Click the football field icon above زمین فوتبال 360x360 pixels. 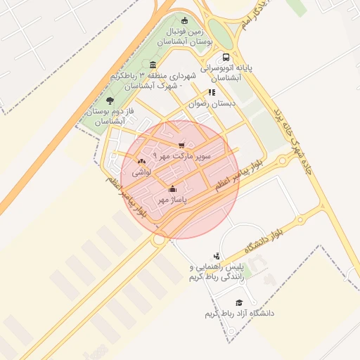click(x=184, y=21)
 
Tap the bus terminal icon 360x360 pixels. click(x=225, y=58)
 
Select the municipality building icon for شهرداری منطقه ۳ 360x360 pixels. click(x=153, y=65)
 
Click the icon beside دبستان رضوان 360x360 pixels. click(x=212, y=92)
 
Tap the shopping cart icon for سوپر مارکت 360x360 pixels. click(x=181, y=146)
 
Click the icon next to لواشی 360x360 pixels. click(x=141, y=162)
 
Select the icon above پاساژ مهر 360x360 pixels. click(x=173, y=188)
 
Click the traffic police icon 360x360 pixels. click(x=217, y=257)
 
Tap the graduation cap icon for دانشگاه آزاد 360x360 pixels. click(x=239, y=302)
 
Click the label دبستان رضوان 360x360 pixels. click(x=216, y=103)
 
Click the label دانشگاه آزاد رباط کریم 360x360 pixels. click(x=238, y=313)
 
